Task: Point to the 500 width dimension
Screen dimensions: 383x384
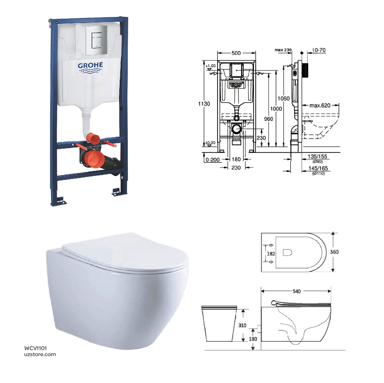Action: tap(236, 53)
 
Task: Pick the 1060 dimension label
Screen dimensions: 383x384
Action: tap(284, 99)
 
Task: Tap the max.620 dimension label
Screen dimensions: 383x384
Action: tap(320, 106)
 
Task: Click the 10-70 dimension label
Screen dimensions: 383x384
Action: tap(318, 50)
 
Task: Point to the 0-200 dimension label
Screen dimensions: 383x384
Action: tap(212, 160)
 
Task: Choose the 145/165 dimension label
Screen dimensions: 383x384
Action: tap(318, 169)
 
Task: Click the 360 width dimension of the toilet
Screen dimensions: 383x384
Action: tap(334, 252)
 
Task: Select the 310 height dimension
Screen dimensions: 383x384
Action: tap(242, 325)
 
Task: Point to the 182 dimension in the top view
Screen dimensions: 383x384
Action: tap(271, 253)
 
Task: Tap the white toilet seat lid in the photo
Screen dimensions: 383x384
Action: tap(124, 253)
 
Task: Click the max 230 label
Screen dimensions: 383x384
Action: tap(283, 50)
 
